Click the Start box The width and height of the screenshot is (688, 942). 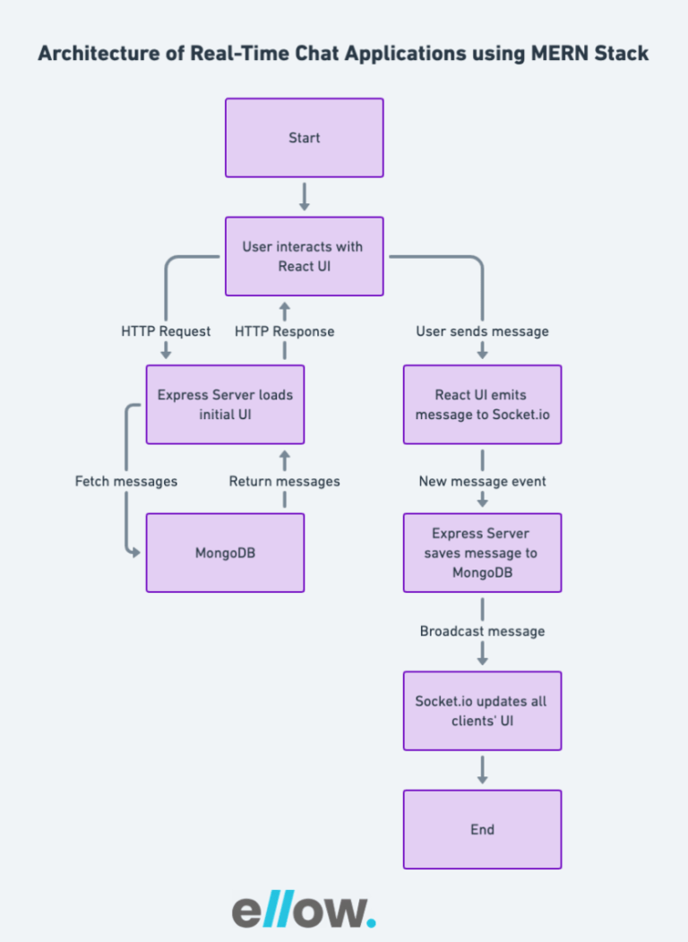click(304, 138)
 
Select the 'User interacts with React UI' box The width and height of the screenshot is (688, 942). click(304, 256)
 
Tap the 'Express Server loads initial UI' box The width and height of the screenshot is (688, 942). click(226, 405)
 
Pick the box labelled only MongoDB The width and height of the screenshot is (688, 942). click(226, 552)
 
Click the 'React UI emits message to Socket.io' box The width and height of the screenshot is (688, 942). click(483, 405)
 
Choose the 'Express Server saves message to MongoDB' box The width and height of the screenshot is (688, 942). click(483, 552)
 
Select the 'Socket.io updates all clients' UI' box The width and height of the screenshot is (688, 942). click(483, 711)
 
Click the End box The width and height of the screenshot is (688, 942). click(483, 830)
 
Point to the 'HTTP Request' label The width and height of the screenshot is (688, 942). click(166, 331)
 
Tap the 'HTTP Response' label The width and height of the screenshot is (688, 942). click(284, 331)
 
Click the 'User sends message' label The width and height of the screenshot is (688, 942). click(483, 331)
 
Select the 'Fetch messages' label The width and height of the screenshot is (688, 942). click(126, 481)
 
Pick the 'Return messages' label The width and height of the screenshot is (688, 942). click(284, 481)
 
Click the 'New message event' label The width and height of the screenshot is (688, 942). click(483, 481)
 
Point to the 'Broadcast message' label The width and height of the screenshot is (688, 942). click(483, 631)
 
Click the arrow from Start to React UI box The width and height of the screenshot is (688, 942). click(304, 197)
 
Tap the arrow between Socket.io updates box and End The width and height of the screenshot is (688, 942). click(483, 770)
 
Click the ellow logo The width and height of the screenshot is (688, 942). click(304, 910)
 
